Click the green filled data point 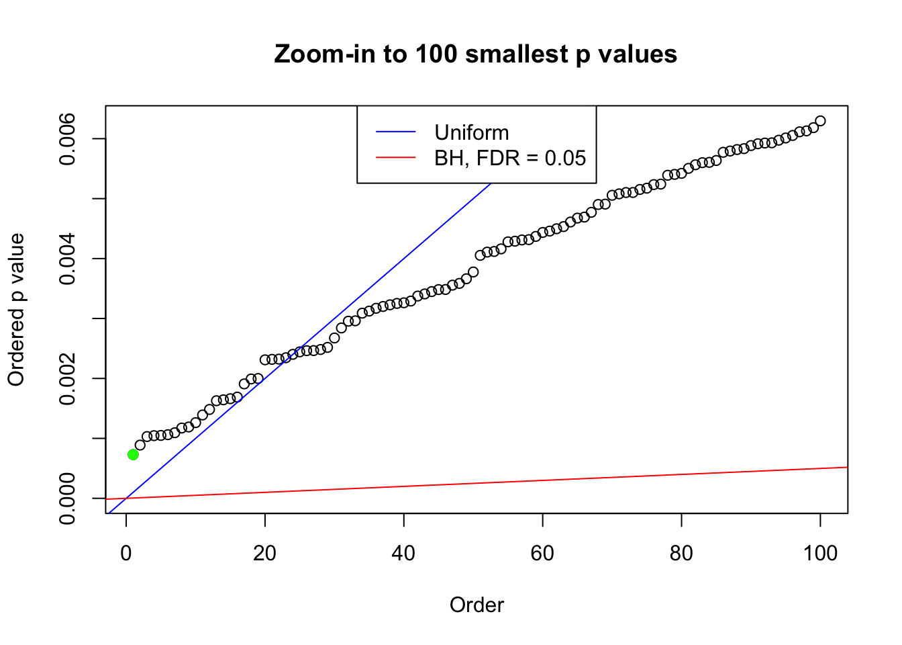(x=133, y=454)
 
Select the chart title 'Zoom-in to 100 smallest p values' (x=476, y=54)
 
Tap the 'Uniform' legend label (x=471, y=132)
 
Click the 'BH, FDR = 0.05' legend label (x=510, y=158)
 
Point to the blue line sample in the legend (x=396, y=132)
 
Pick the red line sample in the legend (x=396, y=158)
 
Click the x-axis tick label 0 (x=126, y=554)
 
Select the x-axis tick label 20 (x=265, y=554)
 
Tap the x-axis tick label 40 (x=404, y=554)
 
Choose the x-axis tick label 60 (x=542, y=554)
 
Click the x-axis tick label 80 (x=681, y=554)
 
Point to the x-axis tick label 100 (x=820, y=554)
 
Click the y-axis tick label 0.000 (x=67, y=498)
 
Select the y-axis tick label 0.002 (x=67, y=378)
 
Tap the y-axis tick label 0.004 (x=67, y=259)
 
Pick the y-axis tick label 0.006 (x=67, y=139)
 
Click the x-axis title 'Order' (x=477, y=605)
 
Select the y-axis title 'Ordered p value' (x=16, y=310)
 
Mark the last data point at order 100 (x=820, y=121)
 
